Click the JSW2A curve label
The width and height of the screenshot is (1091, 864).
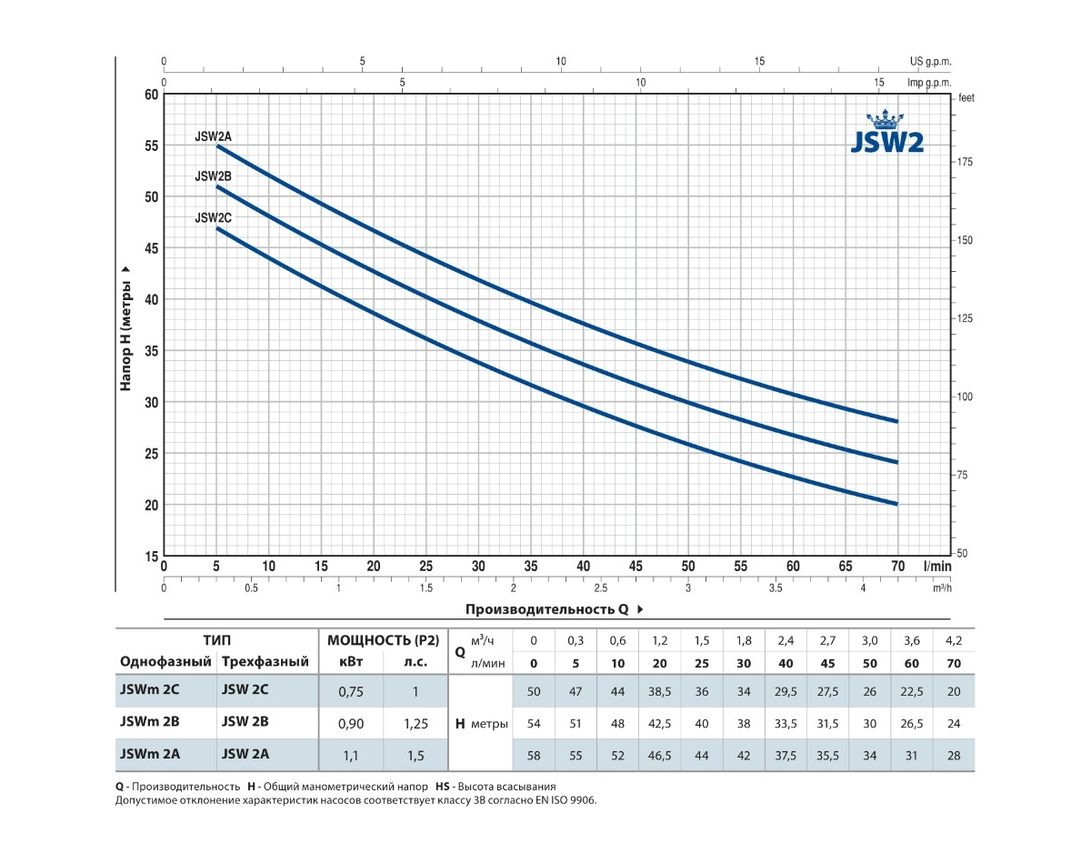click(x=214, y=136)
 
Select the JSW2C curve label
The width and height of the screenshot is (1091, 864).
click(x=214, y=218)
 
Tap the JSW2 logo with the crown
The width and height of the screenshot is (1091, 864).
click(x=886, y=135)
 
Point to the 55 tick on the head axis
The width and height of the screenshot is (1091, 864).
click(x=152, y=146)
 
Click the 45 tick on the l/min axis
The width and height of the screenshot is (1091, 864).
click(x=636, y=566)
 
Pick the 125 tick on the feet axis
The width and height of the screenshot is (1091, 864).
click(x=965, y=318)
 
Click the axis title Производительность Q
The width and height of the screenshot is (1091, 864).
click(x=549, y=609)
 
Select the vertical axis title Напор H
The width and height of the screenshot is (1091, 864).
click(x=126, y=328)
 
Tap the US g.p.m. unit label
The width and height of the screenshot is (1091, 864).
click(x=929, y=62)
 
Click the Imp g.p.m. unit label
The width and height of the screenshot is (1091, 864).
click(x=928, y=83)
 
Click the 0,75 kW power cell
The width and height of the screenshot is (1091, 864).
click(x=350, y=692)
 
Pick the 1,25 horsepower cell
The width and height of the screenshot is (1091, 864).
click(x=415, y=723)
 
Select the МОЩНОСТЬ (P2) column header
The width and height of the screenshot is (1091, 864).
click(x=383, y=640)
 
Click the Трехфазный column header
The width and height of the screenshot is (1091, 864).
click(x=265, y=662)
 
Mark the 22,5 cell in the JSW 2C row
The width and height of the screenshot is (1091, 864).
click(x=912, y=692)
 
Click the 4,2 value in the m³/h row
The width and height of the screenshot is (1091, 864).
click(x=954, y=640)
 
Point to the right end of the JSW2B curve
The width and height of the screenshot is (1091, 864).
click(x=897, y=462)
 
